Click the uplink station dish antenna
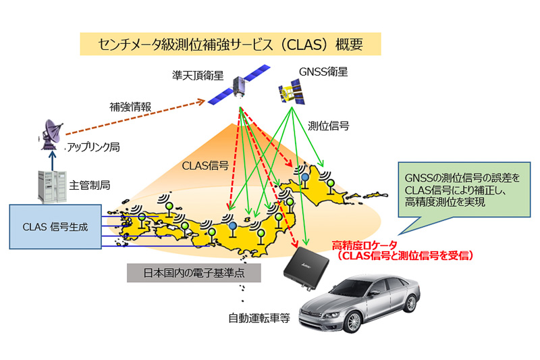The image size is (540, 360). (53, 134)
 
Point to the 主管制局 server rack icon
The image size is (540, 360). (51, 185)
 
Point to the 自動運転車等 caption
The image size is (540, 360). (259, 317)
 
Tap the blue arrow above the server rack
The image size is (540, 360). (52, 160)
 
